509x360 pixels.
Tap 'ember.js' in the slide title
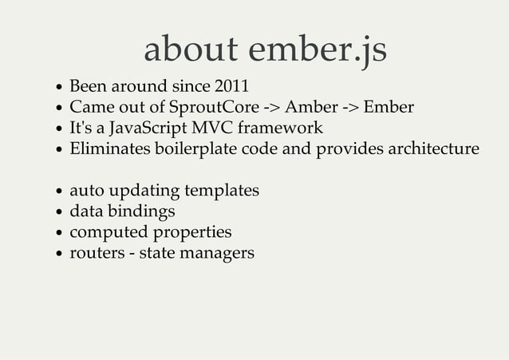pyautogui.click(x=318, y=50)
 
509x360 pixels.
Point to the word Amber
pyautogui.click(x=312, y=106)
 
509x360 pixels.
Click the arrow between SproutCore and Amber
pyautogui.click(x=270, y=107)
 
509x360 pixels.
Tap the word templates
pyautogui.click(x=222, y=192)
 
